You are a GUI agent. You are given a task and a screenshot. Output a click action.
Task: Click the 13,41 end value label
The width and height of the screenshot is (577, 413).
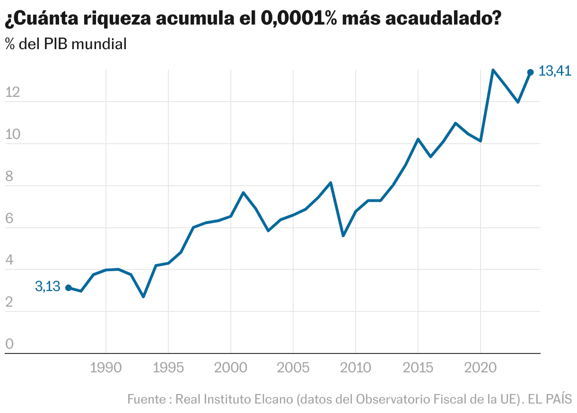tap(555, 71)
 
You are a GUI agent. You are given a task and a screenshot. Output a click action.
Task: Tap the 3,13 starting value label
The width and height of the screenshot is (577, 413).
tap(47, 286)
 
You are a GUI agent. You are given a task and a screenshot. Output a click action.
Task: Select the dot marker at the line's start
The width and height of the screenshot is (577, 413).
tap(69, 288)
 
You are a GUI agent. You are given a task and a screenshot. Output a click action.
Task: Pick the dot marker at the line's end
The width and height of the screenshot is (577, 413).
tap(531, 72)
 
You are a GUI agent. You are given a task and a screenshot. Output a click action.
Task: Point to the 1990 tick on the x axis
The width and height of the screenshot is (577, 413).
tap(105, 368)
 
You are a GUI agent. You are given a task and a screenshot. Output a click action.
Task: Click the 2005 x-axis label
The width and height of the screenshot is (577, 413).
tap(293, 368)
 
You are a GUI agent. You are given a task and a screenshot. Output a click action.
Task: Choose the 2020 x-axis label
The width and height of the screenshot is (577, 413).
tap(480, 368)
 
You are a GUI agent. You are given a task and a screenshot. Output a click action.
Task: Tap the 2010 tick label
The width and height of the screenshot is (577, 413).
tap(355, 368)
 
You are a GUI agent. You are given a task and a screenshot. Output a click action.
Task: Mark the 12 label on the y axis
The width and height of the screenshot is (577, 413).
tap(12, 93)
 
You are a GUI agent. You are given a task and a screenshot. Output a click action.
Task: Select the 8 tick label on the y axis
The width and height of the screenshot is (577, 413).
tap(9, 177)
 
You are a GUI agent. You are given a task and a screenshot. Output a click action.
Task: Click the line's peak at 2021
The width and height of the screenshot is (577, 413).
tap(493, 70)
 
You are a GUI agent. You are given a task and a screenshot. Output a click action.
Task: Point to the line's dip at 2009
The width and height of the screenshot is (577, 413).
tap(343, 235)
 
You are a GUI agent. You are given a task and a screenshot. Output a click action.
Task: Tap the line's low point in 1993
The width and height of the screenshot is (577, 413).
tap(143, 296)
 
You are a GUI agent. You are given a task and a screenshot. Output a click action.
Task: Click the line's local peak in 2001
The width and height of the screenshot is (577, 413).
tap(243, 193)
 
